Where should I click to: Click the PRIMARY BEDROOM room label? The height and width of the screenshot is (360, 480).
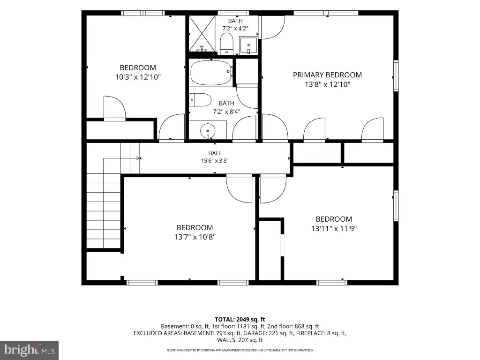click(x=327, y=75)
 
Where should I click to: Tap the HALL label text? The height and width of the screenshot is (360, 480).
click(x=215, y=153)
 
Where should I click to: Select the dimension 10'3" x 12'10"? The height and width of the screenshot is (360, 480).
click(x=138, y=77)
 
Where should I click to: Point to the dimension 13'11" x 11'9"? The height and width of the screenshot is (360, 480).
click(x=334, y=229)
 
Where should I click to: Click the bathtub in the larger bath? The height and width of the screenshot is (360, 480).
click(x=211, y=73)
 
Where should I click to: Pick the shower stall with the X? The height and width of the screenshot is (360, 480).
click(x=202, y=34)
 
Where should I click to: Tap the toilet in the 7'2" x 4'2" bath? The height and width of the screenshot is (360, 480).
click(x=227, y=44)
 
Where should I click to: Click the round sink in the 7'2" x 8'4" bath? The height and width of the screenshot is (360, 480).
click(x=208, y=131)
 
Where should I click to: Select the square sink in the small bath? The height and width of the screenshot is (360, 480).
click(x=248, y=45)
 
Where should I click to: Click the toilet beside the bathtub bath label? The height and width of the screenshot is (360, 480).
click(x=200, y=100)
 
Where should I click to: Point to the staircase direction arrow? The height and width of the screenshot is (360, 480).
click(x=139, y=158)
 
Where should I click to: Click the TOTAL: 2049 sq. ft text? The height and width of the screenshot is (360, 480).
click(x=240, y=320)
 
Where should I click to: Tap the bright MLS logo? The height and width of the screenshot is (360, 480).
click(x=30, y=350)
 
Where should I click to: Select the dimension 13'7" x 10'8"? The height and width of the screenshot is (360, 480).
click(x=195, y=237)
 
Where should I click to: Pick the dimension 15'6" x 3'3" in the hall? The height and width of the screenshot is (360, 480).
click(x=215, y=161)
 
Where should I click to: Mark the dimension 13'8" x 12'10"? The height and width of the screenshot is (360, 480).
click(x=327, y=84)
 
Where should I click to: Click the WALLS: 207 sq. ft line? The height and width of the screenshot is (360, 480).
click(x=240, y=340)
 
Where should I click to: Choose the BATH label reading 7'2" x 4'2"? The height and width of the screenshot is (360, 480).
click(x=235, y=25)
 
